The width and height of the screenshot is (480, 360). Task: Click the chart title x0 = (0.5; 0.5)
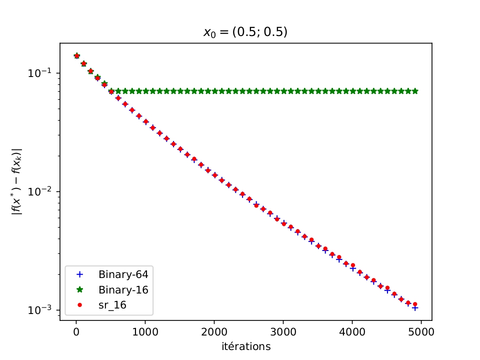[245, 32]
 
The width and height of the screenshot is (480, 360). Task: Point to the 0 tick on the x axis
[76, 331]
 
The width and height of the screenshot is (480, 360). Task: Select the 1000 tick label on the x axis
[145, 331]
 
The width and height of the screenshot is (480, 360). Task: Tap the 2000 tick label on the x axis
[214, 331]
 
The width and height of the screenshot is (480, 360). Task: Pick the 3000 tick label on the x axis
[283, 331]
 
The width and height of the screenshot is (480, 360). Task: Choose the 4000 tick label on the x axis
[352, 331]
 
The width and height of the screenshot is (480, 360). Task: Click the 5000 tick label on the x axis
[421, 331]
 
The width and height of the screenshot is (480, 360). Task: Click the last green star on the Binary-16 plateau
[415, 91]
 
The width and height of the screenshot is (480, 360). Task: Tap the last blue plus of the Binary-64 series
[415, 308]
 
